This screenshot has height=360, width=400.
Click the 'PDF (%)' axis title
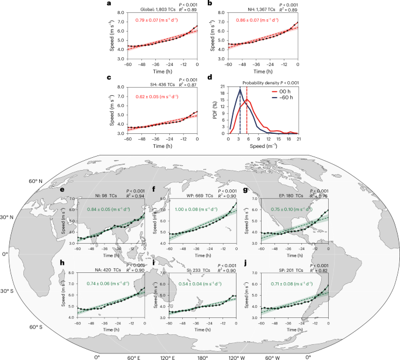[x=215, y=111]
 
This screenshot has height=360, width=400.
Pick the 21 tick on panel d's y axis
[x=224, y=87]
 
